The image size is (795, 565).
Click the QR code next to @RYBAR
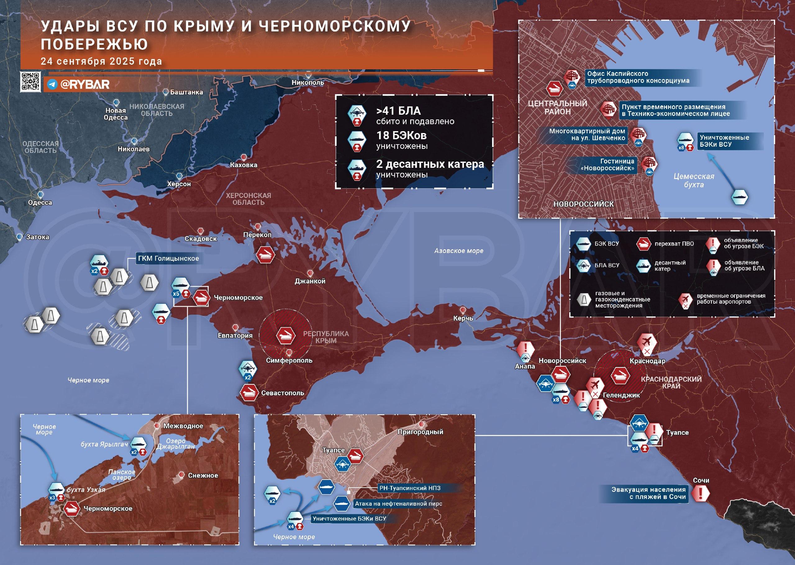pyautogui.click(x=30, y=82)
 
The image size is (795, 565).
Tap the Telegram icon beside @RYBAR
pyautogui.click(x=52, y=85)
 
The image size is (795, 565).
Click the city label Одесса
pyautogui.click(x=40, y=203)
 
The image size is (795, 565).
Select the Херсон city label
pyautogui.click(x=179, y=184)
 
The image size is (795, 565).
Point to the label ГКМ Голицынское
pyautogui.click(x=169, y=259)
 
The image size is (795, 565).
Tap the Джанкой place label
pyautogui.click(x=310, y=281)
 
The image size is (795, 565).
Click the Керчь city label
pyautogui.click(x=463, y=318)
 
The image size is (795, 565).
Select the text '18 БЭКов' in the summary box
pyautogui.click(x=402, y=135)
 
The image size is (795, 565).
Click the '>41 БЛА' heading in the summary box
pyautogui.click(x=398, y=111)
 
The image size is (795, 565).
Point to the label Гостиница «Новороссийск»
pyautogui.click(x=608, y=165)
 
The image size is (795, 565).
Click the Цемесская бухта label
pyautogui.click(x=693, y=181)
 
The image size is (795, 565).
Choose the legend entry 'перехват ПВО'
pyautogui.click(x=674, y=244)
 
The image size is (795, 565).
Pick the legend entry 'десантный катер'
pyautogui.click(x=670, y=265)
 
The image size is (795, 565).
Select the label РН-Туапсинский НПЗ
pyautogui.click(x=410, y=488)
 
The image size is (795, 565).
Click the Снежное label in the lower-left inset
pyautogui.click(x=203, y=475)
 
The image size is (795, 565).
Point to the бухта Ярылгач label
pyautogui.click(x=104, y=444)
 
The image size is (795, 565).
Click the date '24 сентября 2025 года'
pyautogui.click(x=101, y=62)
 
